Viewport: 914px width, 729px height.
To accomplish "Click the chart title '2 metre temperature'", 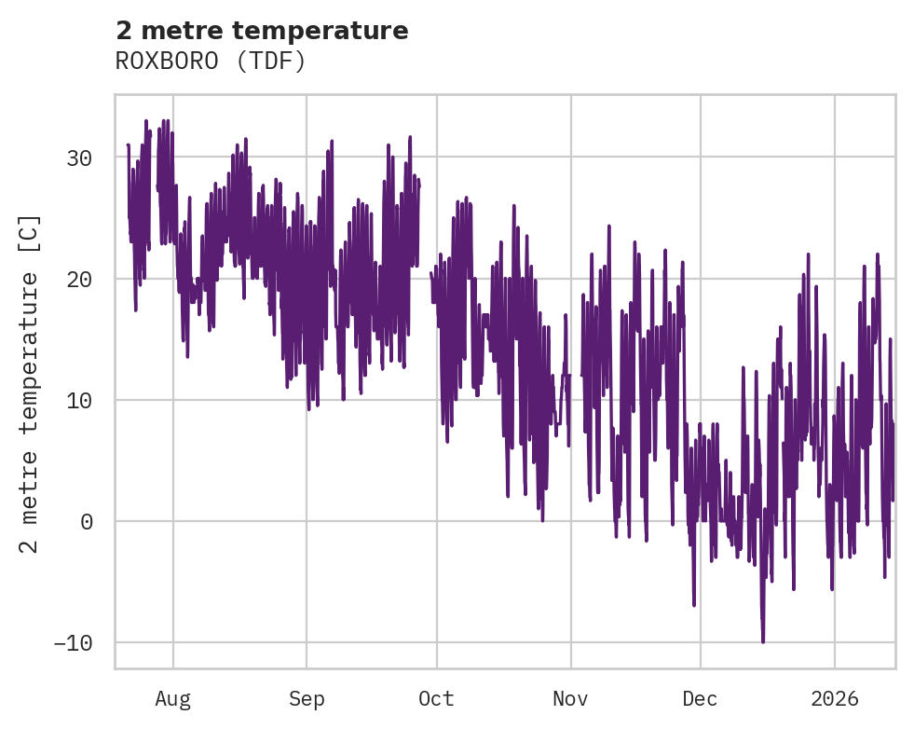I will [x=262, y=31].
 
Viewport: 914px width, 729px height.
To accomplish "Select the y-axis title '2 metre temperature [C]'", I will [x=30, y=383].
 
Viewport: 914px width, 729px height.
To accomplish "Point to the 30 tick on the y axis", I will [x=79, y=158].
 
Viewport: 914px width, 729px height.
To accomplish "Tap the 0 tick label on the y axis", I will [x=86, y=522].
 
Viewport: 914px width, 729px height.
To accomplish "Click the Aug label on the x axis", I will [x=172, y=699].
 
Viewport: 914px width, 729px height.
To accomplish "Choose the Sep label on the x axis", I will [x=306, y=699].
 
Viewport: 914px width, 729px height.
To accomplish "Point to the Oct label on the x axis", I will [x=436, y=699].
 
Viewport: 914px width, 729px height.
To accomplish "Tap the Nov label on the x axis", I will [x=570, y=699].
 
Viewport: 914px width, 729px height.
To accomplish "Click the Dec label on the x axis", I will [x=700, y=699].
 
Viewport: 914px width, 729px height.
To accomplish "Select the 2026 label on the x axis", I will [x=834, y=699].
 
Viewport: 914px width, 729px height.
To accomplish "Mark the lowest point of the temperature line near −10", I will [x=763, y=641].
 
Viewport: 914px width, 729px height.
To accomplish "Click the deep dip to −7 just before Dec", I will [x=694, y=605].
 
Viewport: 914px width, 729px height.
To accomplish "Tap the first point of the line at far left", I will [x=128, y=145].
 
